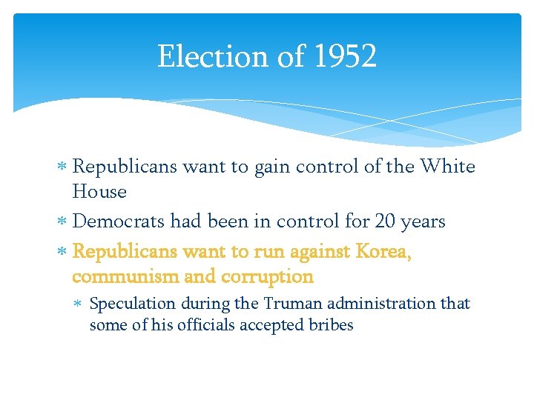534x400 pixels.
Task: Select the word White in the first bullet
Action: point(447,167)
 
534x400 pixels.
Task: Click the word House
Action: point(99,192)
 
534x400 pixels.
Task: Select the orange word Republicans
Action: point(125,251)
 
